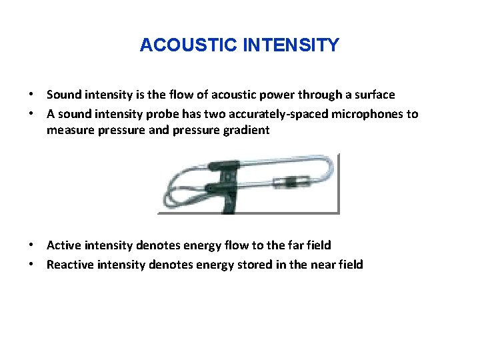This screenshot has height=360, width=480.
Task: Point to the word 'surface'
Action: click(373, 95)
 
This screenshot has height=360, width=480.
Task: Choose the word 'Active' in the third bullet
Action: click(64, 245)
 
